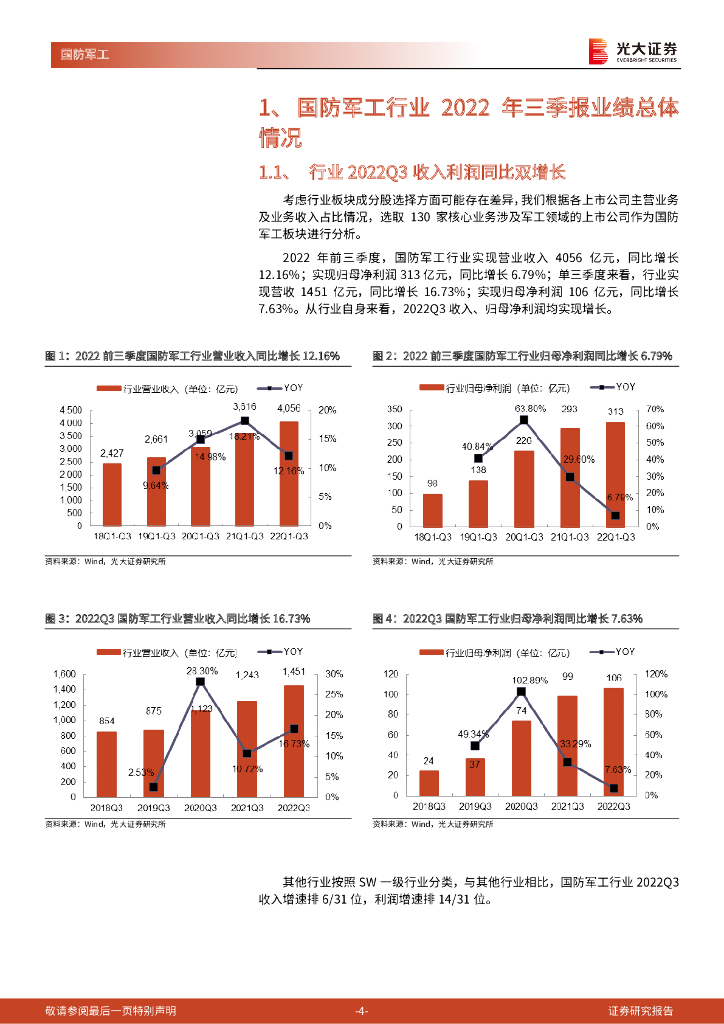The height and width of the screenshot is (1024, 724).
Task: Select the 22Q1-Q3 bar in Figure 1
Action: (x=289, y=473)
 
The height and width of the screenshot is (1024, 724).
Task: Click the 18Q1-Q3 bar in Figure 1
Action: (x=112, y=494)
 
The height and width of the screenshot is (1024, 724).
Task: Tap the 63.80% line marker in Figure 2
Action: (x=523, y=420)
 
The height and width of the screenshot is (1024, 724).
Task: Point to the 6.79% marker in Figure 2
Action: (x=615, y=515)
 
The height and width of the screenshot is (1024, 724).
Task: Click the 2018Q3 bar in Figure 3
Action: (x=106, y=764)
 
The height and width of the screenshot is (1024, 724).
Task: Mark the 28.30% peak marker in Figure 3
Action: (x=200, y=682)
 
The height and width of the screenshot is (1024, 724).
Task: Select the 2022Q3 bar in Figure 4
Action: (x=613, y=741)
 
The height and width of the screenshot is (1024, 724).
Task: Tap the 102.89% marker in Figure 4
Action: (x=521, y=691)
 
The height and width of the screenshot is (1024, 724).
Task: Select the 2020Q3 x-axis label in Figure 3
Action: (x=200, y=807)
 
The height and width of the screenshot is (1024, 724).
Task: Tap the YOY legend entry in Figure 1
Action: (x=283, y=387)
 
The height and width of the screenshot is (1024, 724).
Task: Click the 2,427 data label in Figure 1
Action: (x=112, y=454)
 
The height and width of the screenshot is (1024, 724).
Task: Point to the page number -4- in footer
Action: (x=362, y=1010)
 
